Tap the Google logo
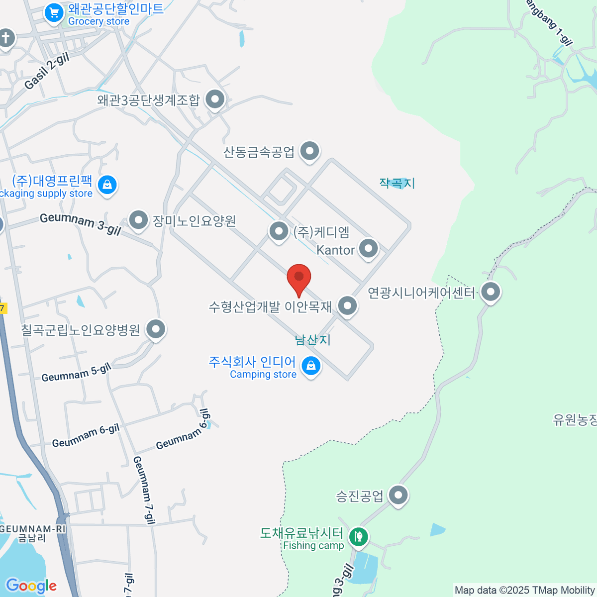click(31, 586)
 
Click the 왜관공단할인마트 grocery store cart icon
click(54, 13)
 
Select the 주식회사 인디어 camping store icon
click(311, 366)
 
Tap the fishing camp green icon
click(358, 536)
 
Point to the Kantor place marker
click(369, 248)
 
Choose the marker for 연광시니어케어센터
click(491, 292)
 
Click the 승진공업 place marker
click(398, 495)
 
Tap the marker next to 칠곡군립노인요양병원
click(156, 329)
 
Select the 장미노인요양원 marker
click(138, 219)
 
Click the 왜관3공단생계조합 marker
click(215, 99)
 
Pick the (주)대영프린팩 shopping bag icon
click(107, 185)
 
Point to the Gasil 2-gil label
click(47, 72)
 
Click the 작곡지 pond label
click(397, 183)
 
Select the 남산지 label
click(312, 340)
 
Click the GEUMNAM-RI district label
click(33, 529)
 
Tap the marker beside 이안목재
click(347, 305)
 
